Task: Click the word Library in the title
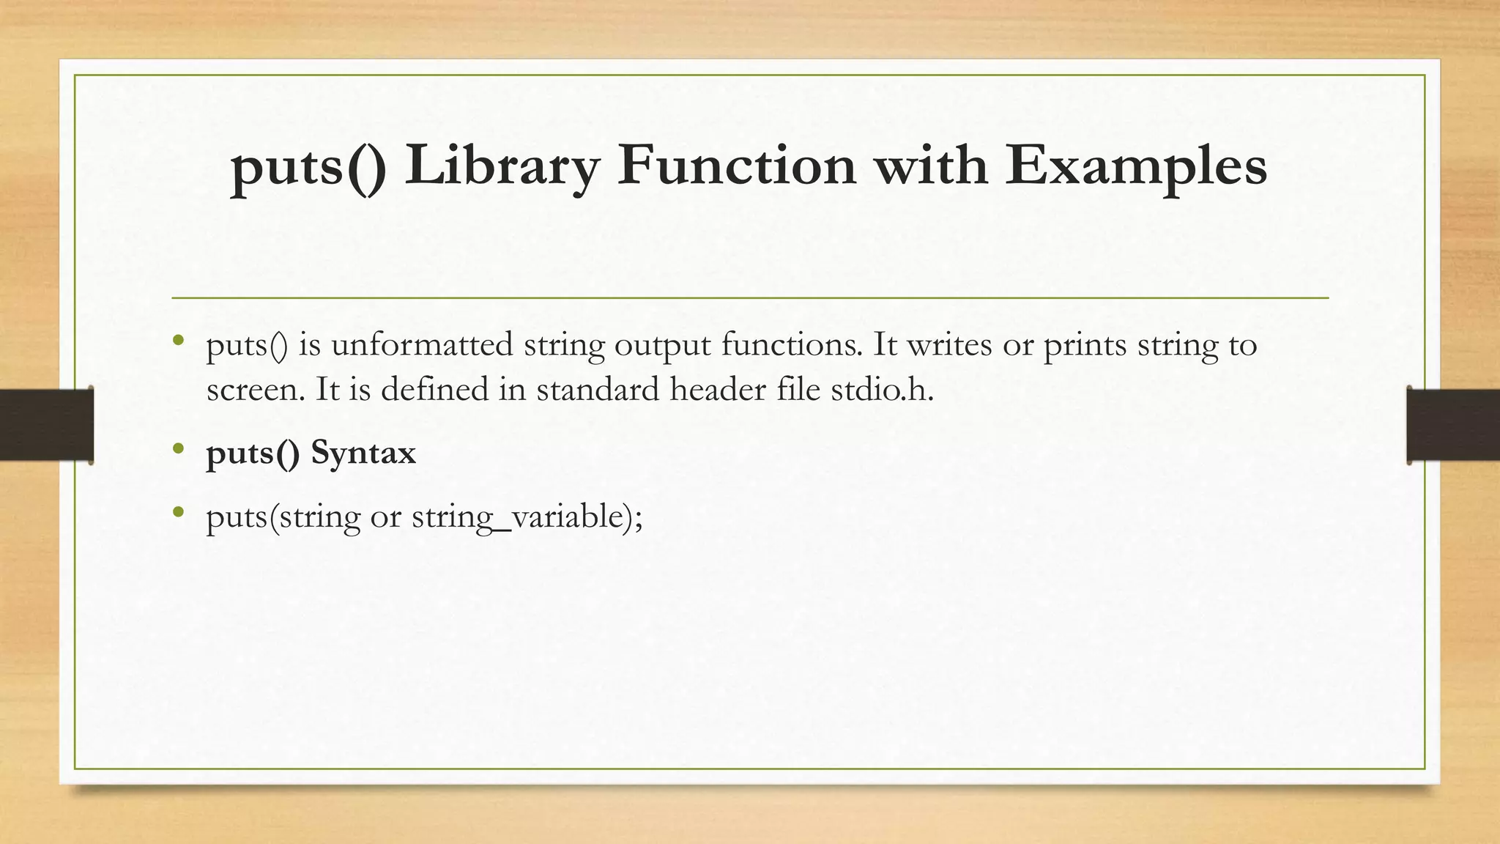501,166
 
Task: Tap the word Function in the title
736,165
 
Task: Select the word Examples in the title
1135,166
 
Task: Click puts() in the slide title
308,166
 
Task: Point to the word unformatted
422,344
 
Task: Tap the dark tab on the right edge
1453,425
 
